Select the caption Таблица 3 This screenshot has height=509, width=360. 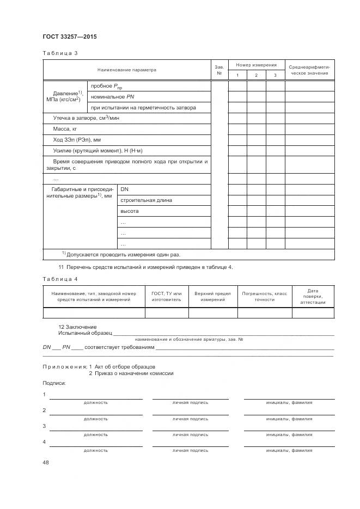60,53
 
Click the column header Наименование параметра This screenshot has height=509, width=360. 126,70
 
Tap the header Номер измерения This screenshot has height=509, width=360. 256,65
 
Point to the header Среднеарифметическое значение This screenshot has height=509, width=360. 309,70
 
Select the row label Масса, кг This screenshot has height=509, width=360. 65,129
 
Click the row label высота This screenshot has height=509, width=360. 129,211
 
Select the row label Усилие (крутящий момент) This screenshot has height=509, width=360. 97,151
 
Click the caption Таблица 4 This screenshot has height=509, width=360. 60,279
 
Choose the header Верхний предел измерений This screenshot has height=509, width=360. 213,296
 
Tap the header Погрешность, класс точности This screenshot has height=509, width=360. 264,296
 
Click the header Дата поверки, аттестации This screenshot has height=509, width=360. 312,296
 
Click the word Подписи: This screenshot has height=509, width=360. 54,383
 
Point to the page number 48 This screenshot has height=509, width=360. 46,462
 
